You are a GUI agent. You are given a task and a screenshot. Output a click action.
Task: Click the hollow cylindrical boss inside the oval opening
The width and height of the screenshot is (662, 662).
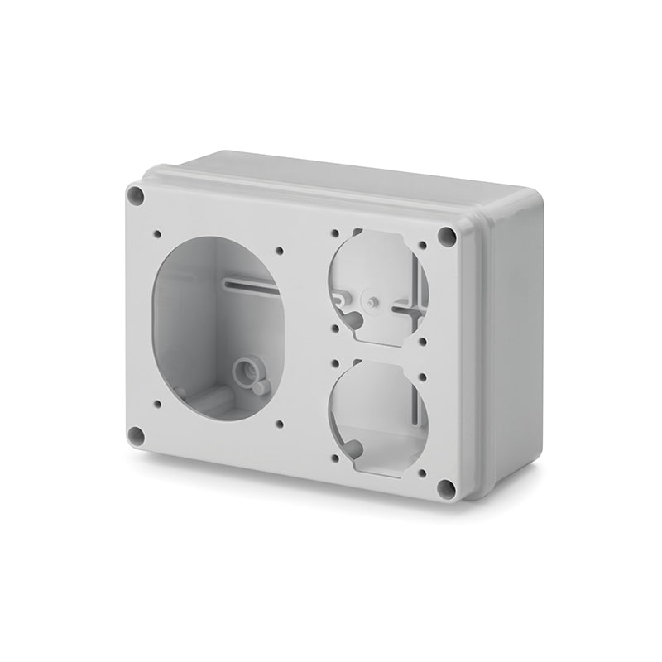[x=245, y=370]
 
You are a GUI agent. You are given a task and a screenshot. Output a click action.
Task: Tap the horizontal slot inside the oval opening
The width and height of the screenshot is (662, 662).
[x=252, y=285]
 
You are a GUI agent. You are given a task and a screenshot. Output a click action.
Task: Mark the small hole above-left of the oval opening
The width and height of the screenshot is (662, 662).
[x=157, y=234]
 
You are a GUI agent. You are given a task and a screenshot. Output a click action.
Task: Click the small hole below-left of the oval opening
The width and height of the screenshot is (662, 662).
[x=157, y=405]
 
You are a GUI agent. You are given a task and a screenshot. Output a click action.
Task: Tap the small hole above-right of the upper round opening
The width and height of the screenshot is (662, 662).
[x=423, y=246]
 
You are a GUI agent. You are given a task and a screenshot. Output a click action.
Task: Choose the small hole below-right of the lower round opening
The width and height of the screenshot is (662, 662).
[x=422, y=473]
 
